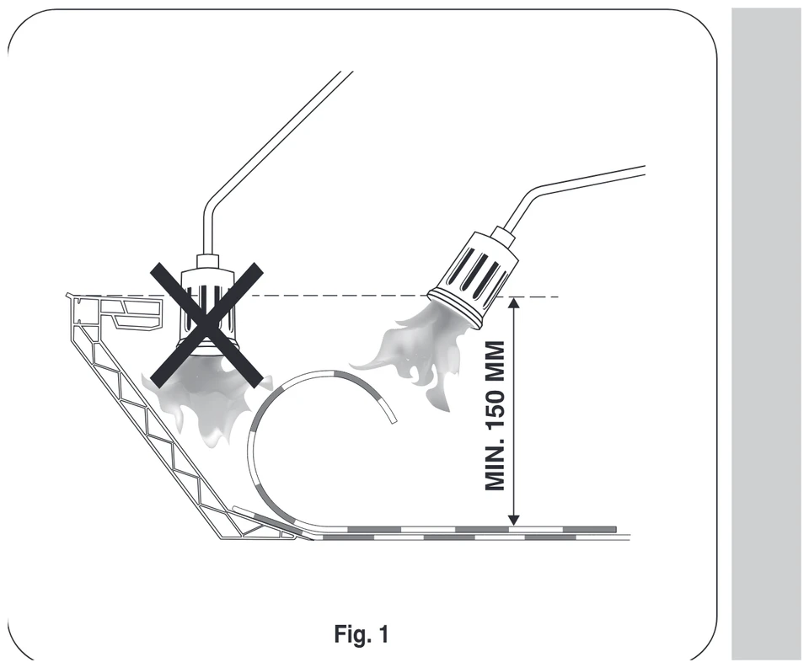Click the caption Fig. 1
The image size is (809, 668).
[362, 633]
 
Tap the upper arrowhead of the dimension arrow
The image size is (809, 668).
[513, 302]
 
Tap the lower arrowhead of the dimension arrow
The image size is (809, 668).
[513, 521]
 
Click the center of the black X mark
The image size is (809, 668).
[206, 324]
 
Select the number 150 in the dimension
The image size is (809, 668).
[495, 408]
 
